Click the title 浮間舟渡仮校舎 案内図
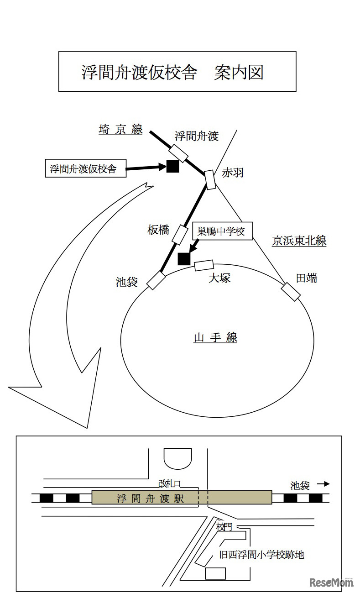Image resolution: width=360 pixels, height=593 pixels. point(177,72)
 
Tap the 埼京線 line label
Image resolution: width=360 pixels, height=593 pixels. point(120,130)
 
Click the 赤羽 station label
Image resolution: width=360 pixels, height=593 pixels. point(232,173)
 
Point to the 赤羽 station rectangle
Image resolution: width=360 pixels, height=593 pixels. point(210,180)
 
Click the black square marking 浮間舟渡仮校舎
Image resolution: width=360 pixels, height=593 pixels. point(172,167)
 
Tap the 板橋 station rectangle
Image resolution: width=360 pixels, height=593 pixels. point(180,234)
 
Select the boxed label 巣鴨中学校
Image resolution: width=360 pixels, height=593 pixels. point(221,231)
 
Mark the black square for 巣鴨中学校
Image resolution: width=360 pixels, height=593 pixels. point(183,259)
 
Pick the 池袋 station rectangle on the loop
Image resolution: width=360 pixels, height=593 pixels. point(156,280)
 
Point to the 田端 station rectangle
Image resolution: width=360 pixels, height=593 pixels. point(291,292)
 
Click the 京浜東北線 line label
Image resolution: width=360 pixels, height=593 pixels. point(299,241)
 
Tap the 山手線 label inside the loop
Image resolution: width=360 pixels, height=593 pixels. point(215,338)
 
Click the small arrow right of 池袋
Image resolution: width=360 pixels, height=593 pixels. point(323,484)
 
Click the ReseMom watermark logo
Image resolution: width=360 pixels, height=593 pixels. point(332,582)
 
